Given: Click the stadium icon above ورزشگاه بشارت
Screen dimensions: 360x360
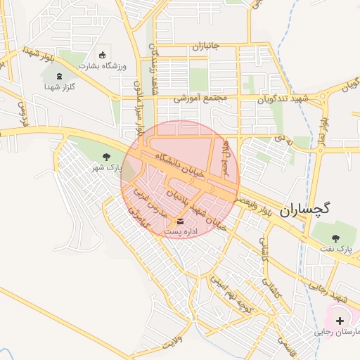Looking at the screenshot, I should click(x=103, y=55).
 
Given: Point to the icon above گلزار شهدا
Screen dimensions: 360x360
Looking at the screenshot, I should click(x=59, y=75).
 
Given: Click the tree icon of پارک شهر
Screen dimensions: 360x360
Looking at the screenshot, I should click(x=107, y=157).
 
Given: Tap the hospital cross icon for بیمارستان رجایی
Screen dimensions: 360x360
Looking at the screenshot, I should click(x=340, y=320).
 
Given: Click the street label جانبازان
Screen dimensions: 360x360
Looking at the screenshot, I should click(x=206, y=46).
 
